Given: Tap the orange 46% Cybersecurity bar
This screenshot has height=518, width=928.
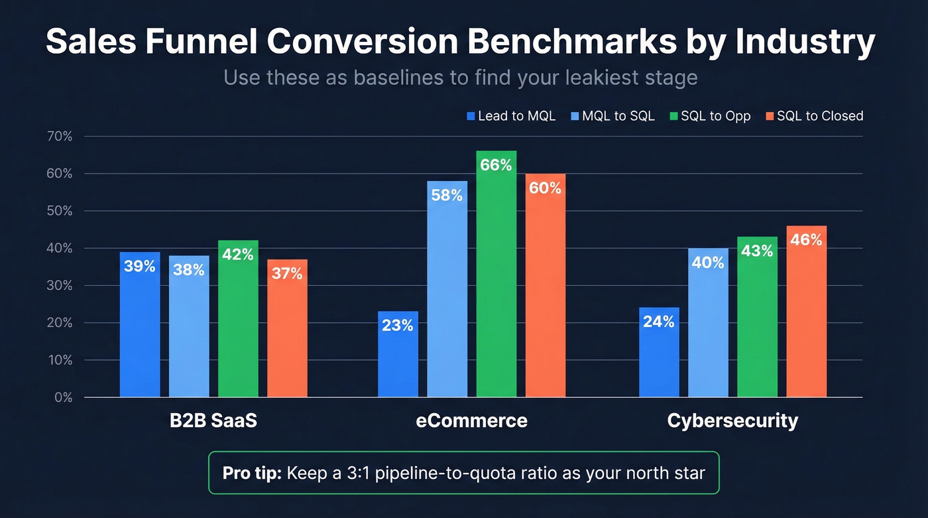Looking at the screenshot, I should click(806, 311).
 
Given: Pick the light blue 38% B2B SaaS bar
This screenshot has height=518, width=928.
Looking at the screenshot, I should click(189, 326).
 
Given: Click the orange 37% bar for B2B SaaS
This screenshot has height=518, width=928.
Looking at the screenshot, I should click(287, 328).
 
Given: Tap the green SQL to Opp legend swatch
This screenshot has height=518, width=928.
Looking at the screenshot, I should click(675, 116).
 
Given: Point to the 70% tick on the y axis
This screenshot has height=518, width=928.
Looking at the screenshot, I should click(59, 137).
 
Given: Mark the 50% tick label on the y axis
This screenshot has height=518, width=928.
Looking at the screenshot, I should click(59, 211).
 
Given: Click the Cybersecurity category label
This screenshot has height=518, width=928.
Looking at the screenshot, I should click(732, 421).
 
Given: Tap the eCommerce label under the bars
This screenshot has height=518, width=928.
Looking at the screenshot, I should click(471, 421).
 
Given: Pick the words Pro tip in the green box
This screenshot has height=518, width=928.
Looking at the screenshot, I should click(252, 473).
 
